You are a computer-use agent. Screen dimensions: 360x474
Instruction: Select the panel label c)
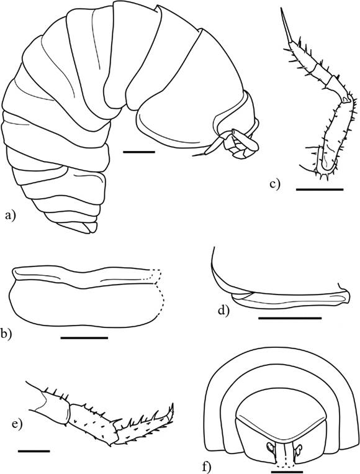tap(275, 183)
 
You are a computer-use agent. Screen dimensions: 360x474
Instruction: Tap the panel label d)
tap(224, 310)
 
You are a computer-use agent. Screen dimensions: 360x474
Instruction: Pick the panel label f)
tap(206, 467)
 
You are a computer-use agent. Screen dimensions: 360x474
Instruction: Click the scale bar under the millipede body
tap(139, 152)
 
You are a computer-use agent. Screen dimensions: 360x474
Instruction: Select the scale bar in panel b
tap(84, 337)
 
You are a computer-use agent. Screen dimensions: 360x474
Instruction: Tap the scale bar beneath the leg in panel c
tap(320, 189)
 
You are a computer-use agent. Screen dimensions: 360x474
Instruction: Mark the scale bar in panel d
tap(290, 318)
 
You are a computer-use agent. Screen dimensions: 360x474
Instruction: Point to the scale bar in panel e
tap(34, 451)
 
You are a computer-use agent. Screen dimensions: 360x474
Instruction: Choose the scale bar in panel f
tap(287, 472)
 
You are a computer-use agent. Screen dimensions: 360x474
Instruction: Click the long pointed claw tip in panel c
tap(281, 9)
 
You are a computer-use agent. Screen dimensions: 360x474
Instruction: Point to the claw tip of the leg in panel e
tap(173, 404)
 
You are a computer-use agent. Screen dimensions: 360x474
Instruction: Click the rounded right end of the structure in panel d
tap(348, 298)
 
